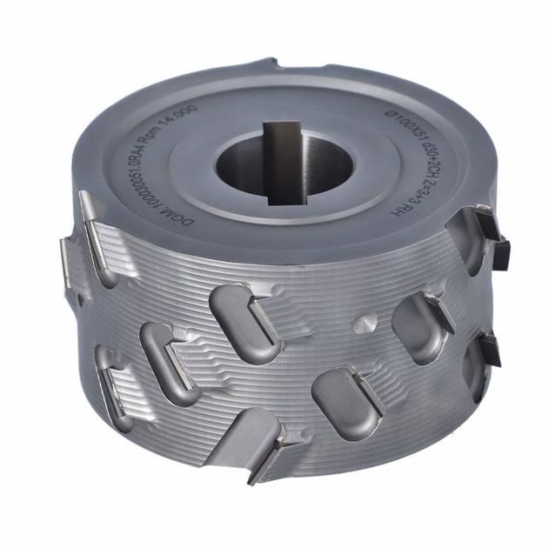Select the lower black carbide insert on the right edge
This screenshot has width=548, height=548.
coord(490,348)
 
